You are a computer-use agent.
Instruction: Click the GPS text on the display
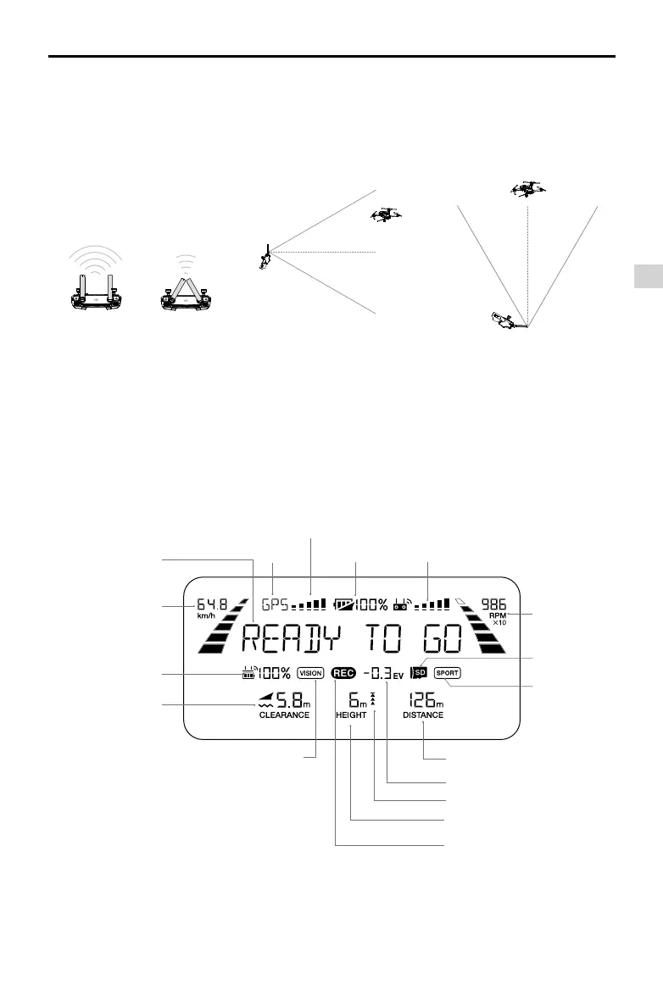coord(274,605)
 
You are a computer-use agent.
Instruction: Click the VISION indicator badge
coord(311,673)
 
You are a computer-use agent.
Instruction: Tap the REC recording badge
coord(343,673)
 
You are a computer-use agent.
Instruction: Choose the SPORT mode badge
coord(447,673)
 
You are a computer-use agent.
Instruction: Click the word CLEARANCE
coord(284,715)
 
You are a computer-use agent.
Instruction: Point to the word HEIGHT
coord(350,715)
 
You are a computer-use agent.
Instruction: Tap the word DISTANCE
coord(423,715)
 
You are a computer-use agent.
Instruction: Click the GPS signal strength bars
coord(309,605)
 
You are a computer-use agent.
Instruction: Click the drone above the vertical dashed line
coord(527,189)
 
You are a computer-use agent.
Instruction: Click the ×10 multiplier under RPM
coord(499,623)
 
